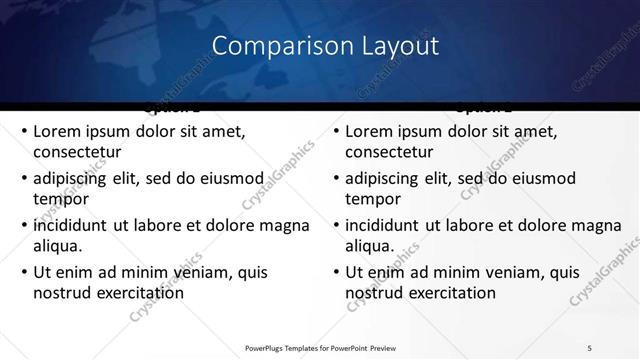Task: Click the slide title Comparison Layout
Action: pyautogui.click(x=326, y=46)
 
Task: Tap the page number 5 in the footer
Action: pyautogui.click(x=590, y=347)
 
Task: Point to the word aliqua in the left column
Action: pyautogui.click(x=58, y=245)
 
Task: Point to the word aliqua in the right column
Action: pyautogui.click(x=370, y=245)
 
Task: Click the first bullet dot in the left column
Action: pyautogui.click(x=24, y=131)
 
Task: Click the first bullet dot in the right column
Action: pyautogui.click(x=336, y=131)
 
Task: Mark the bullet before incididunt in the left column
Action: pyautogui.click(x=24, y=224)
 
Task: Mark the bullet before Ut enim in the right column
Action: pyautogui.click(x=336, y=271)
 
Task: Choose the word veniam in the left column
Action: pyautogui.click(x=182, y=271)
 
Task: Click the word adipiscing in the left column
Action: pyautogui.click(x=73, y=178)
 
